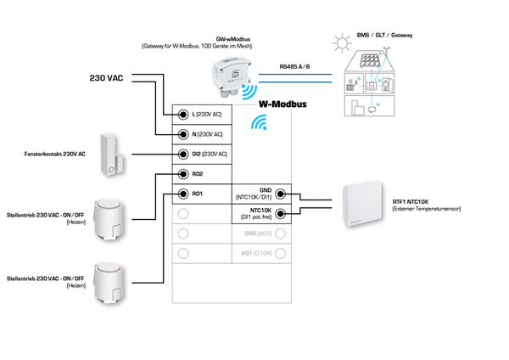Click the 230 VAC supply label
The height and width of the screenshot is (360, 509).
point(107,78)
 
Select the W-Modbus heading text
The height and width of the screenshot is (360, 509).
point(282,106)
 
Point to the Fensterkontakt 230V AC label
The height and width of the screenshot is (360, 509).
point(54,155)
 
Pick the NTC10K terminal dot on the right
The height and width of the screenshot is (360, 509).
point(281,213)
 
